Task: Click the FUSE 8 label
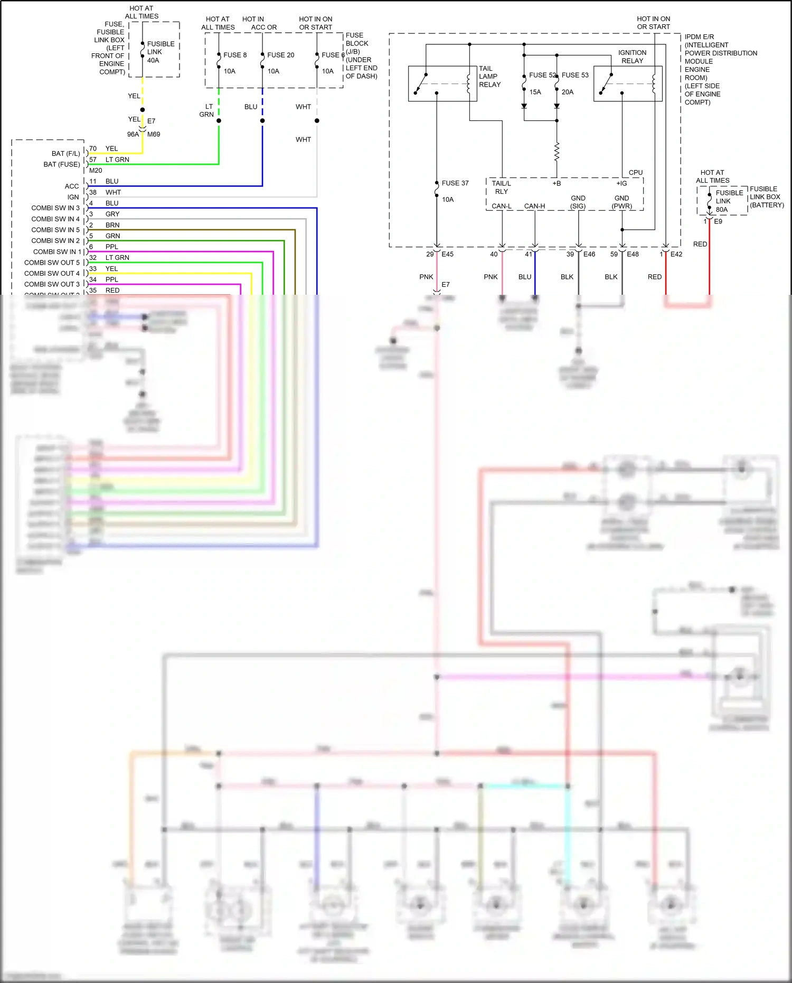(x=234, y=55)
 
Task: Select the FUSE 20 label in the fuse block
(x=280, y=55)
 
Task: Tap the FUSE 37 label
(x=455, y=183)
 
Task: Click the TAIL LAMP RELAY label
(x=489, y=77)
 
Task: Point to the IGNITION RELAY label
(x=632, y=57)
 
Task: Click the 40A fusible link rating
(x=153, y=60)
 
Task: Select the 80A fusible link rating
(x=721, y=210)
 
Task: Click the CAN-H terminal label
(x=534, y=206)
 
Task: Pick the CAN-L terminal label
(x=502, y=206)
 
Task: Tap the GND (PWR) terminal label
(x=621, y=202)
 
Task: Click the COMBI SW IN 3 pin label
(x=55, y=208)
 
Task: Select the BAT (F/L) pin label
(x=65, y=154)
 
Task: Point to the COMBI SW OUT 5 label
(x=52, y=263)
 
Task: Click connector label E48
(x=633, y=254)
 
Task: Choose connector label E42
(x=676, y=254)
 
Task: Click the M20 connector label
(x=96, y=171)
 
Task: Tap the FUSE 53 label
(x=575, y=75)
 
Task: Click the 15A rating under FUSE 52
(x=535, y=92)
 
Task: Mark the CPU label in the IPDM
(x=635, y=173)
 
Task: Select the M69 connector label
(x=154, y=134)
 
